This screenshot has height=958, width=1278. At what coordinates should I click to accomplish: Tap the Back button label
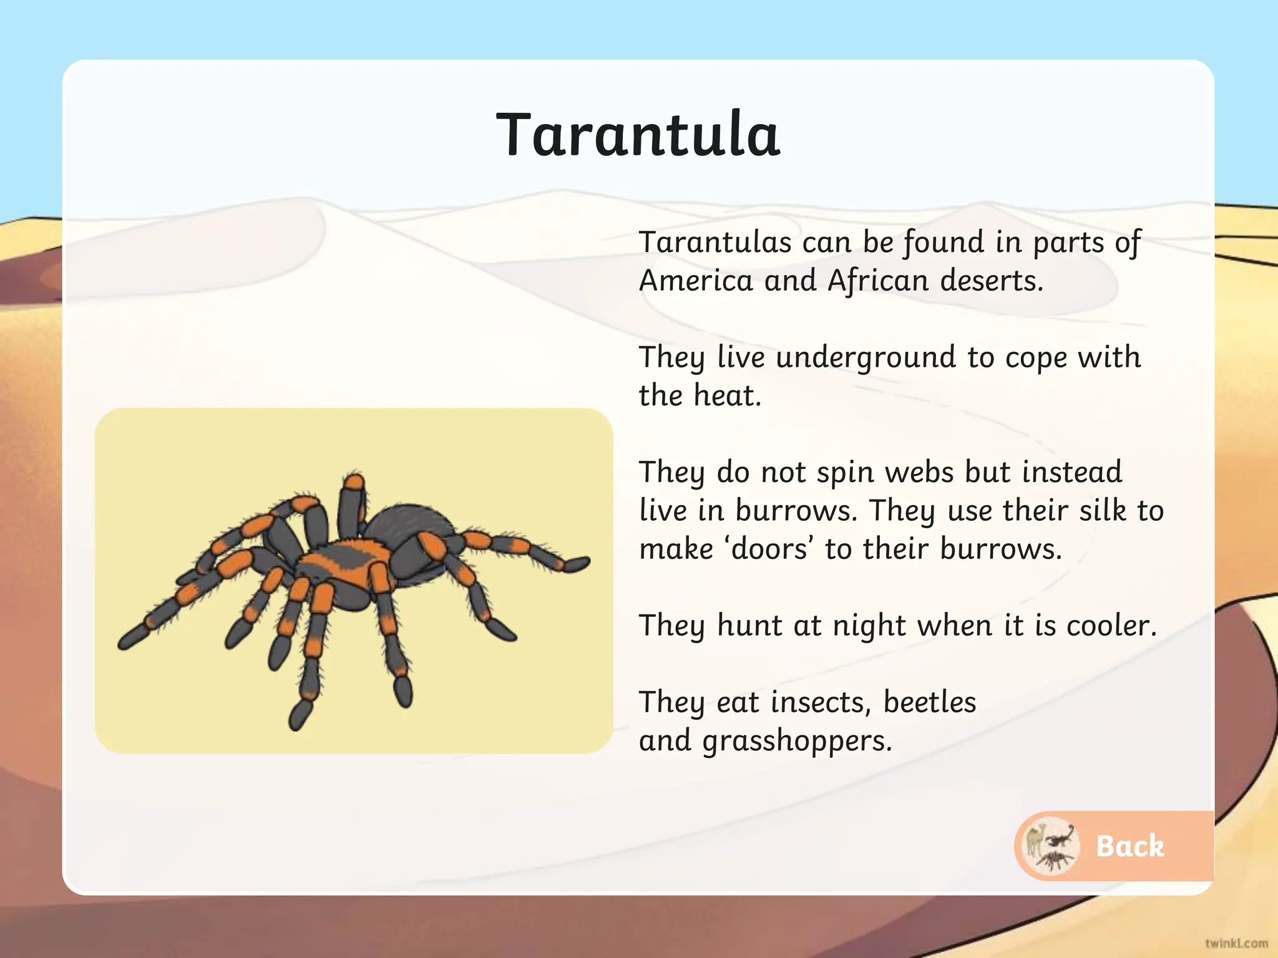[1129, 846]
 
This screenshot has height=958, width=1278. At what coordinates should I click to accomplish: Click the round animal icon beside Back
[1052, 846]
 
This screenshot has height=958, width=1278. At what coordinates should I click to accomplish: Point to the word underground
[866, 358]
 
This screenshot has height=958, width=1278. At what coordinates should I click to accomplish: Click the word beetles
[929, 703]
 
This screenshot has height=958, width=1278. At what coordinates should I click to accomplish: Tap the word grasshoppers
[797, 742]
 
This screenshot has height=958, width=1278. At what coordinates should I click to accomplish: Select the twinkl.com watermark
[1236, 943]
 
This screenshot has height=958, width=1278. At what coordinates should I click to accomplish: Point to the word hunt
[749, 626]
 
